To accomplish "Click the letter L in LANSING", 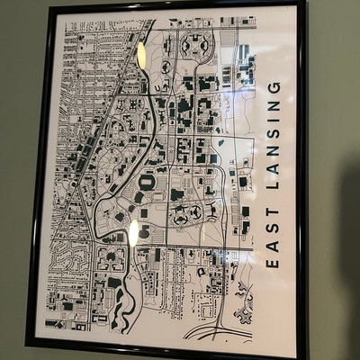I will pyautogui.click(x=274, y=184).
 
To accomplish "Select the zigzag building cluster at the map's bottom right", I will pyautogui.click(x=244, y=310).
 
